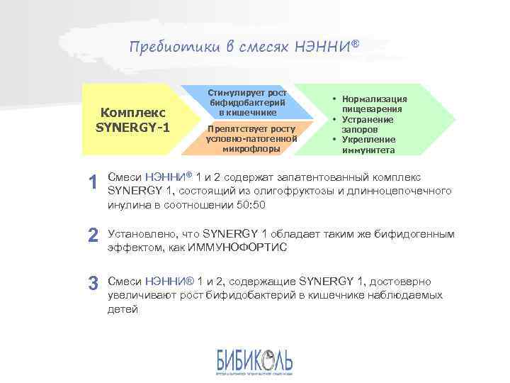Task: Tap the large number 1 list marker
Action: point(91,183)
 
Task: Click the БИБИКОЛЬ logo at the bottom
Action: point(254,362)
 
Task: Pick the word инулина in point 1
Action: point(126,205)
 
